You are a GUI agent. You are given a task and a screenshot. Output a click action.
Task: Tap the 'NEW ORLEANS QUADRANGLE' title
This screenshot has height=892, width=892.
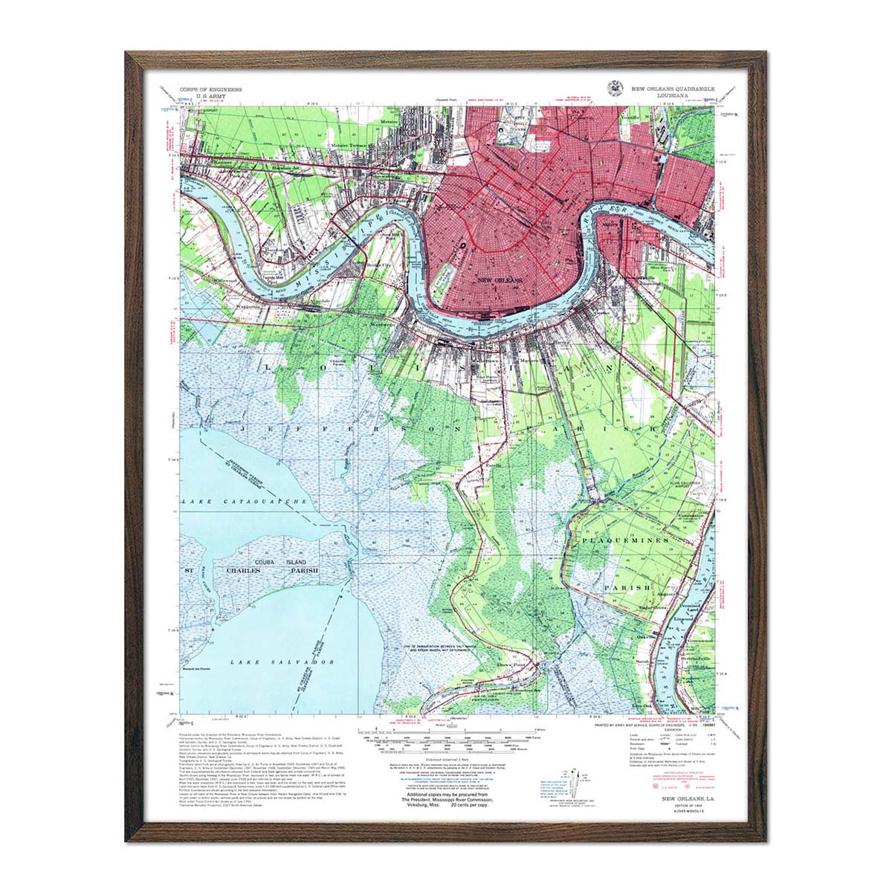673,88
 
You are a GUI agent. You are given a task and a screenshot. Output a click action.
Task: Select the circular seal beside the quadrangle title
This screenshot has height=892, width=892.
615,88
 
